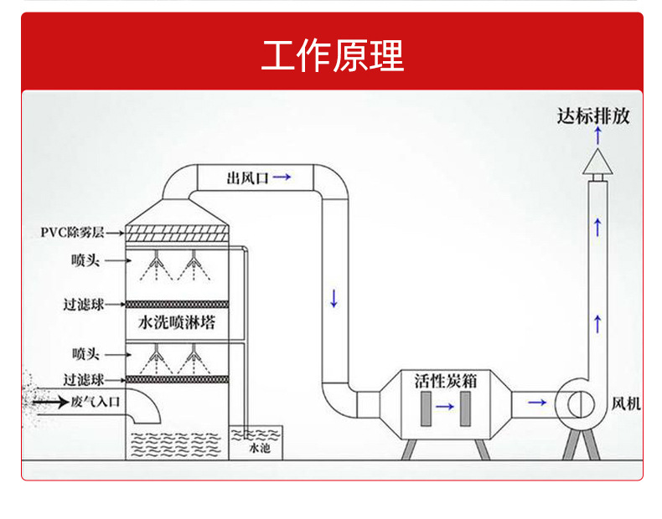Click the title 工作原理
[332, 55]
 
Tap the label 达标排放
[593, 116]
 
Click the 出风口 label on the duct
[247, 177]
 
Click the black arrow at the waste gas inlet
[50, 402]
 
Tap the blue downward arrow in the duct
[334, 297]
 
